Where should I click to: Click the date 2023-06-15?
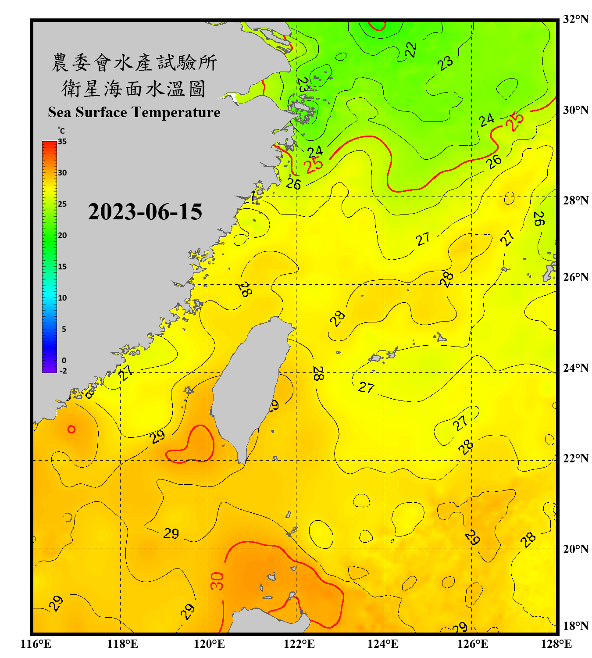(145, 212)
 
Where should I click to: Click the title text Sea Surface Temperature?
(134, 112)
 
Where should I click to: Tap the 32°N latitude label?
(575, 19)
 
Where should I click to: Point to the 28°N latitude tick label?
(575, 200)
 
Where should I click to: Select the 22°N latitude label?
(575, 458)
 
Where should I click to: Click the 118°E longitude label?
(122, 644)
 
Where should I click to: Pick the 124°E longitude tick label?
(383, 644)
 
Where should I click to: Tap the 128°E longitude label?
(556, 644)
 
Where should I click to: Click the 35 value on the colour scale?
(62, 142)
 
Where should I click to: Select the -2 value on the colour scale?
(63, 371)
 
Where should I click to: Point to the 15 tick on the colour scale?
(62, 267)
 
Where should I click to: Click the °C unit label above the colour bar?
(61, 131)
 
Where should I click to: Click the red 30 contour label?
(217, 581)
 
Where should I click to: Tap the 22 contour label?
(410, 50)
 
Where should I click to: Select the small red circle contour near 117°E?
(71, 429)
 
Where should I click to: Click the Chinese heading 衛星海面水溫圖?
(134, 89)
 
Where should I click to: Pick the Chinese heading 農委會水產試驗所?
(134, 63)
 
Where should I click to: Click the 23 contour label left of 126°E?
(445, 63)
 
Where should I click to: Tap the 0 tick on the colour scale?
(64, 361)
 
